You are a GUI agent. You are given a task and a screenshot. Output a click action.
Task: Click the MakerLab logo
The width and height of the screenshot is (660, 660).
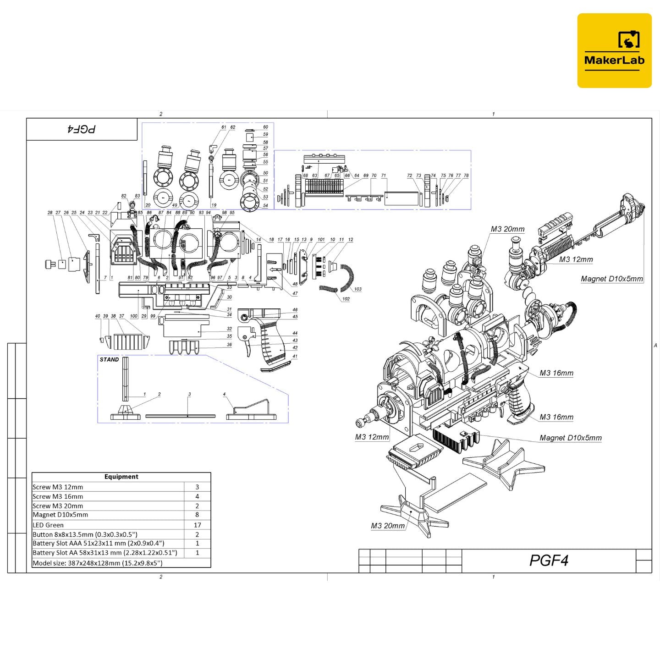tap(614, 50)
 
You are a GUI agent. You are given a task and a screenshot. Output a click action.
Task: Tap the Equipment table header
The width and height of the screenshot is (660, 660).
tap(121, 477)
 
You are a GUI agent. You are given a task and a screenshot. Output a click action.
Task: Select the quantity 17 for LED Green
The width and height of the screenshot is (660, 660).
tap(197, 525)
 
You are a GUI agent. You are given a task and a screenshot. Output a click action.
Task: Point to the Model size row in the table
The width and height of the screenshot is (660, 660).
tap(97, 563)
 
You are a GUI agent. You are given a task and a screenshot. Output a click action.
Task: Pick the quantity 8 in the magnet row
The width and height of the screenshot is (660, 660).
tap(197, 515)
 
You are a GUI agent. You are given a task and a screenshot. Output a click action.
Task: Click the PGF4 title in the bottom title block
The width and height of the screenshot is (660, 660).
tap(549, 561)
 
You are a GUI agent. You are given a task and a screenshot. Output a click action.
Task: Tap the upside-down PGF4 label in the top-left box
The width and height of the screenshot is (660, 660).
tap(82, 129)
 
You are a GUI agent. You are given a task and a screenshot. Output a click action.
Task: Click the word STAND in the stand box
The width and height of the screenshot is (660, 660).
tap(109, 359)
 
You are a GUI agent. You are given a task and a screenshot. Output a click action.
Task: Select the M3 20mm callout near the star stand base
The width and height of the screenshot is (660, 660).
tap(388, 526)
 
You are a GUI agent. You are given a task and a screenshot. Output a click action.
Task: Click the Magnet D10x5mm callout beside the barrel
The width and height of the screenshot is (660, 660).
tap(611, 279)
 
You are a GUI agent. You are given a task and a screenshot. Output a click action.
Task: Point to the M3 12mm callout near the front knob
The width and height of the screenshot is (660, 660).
tap(372, 437)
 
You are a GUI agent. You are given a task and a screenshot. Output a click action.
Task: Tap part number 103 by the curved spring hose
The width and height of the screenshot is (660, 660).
tap(357, 289)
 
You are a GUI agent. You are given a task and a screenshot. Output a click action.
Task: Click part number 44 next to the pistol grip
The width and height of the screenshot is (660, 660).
tap(295, 333)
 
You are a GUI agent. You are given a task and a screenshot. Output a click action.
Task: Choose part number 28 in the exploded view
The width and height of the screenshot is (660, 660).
tap(50, 213)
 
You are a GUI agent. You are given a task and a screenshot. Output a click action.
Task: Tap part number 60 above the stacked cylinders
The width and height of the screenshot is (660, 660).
tap(265, 127)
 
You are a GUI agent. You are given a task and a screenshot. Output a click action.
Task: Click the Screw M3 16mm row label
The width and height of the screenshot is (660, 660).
tap(58, 496)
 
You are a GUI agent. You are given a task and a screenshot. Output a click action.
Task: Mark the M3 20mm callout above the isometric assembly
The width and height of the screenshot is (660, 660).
tap(507, 229)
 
